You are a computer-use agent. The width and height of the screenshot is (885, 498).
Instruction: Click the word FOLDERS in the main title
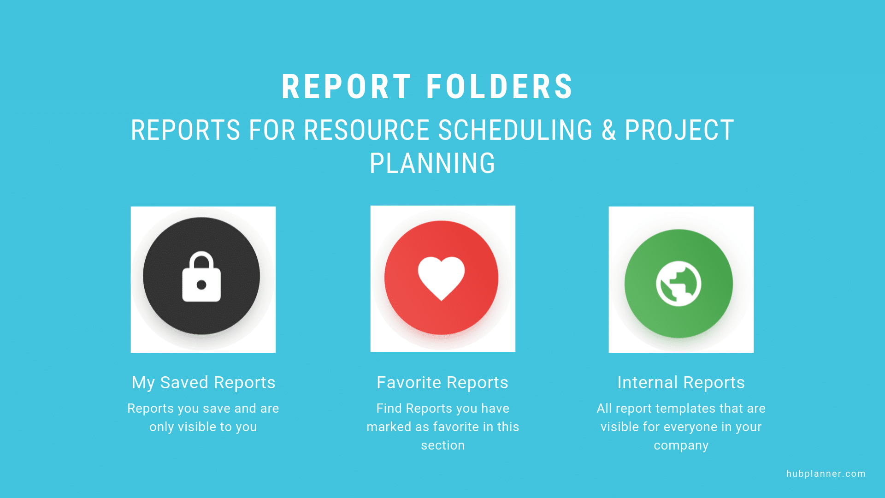pyautogui.click(x=500, y=87)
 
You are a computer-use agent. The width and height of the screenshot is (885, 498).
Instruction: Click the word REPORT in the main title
pyautogui.click(x=346, y=87)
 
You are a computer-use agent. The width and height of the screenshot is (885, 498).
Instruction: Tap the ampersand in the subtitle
pyautogui.click(x=608, y=130)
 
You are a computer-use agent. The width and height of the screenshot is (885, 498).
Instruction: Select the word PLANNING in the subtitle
pyautogui.click(x=432, y=163)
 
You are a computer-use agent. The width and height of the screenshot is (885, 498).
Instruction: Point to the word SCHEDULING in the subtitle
pyautogui.click(x=515, y=130)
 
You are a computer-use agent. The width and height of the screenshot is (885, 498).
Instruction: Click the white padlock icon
pyautogui.click(x=201, y=277)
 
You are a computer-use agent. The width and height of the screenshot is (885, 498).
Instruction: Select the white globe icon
pyautogui.click(x=678, y=284)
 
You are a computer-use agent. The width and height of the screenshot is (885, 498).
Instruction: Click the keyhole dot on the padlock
pyautogui.click(x=201, y=285)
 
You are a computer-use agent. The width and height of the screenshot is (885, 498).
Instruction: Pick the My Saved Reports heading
pyautogui.click(x=203, y=383)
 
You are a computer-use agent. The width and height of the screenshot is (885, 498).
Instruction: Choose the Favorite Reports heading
pyautogui.click(x=442, y=383)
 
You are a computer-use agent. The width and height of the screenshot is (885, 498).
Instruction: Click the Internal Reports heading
pyautogui.click(x=681, y=383)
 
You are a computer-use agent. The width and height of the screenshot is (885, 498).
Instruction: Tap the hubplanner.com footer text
pyautogui.click(x=826, y=474)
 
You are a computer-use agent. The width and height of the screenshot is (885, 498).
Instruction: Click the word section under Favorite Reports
pyautogui.click(x=442, y=445)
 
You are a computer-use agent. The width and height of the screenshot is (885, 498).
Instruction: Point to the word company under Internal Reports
pyautogui.click(x=681, y=446)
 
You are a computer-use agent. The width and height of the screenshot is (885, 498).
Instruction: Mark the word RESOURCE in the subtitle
pyautogui.click(x=366, y=130)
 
